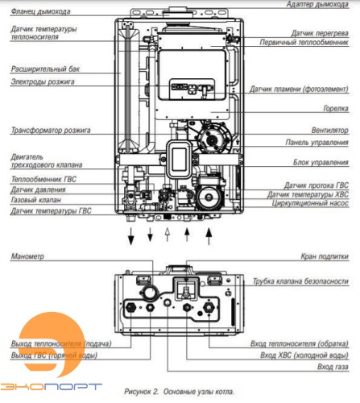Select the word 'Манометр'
coord(28,256)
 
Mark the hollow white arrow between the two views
coord(168,235)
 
